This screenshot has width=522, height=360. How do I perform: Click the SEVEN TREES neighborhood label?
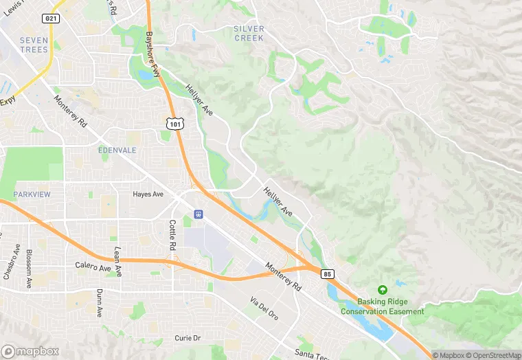coord(34,45)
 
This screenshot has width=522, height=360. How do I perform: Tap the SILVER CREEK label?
coord(249,33)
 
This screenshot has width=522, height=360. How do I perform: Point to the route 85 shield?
coord(327,273)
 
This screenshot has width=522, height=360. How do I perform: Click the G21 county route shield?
coord(50,17)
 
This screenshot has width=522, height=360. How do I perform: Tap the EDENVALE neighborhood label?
coord(117,150)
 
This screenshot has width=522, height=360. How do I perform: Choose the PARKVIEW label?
coord(32,194)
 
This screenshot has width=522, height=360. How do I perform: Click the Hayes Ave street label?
coord(148,194)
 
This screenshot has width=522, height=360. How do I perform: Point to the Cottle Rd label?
coord(173,235)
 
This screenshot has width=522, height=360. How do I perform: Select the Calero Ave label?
coord(93,267)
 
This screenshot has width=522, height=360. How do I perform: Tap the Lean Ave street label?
coord(117,262)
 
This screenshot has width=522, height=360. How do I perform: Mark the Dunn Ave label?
coord(99,302)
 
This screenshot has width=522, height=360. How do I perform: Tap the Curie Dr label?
coord(187,338)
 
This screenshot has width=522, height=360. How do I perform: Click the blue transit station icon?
coord(198,214)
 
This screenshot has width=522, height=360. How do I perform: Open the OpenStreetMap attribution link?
coord(495,355)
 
